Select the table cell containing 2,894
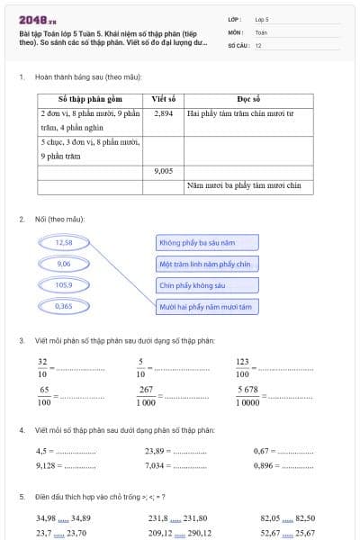click(163, 114)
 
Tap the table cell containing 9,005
click(163, 169)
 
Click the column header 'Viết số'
click(163, 99)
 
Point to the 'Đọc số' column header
click(248, 99)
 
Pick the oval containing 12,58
click(63, 242)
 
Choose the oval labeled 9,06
click(63, 264)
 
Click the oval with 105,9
click(63, 284)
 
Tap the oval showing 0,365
click(63, 306)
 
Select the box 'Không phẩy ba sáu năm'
click(207, 243)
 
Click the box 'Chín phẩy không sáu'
click(207, 285)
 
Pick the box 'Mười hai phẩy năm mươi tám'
click(207, 307)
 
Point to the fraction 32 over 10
click(43, 367)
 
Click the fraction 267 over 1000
click(145, 396)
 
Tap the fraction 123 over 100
click(243, 367)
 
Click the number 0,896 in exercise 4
click(264, 465)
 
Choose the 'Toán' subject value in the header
click(261, 31)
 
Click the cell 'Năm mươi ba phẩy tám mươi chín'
click(248, 185)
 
